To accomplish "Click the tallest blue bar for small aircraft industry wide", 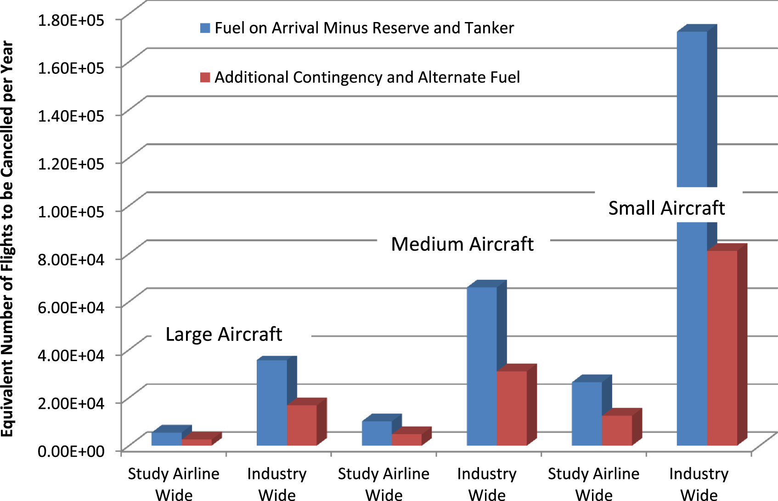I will (692, 110).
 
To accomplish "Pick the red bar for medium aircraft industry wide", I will (512, 408).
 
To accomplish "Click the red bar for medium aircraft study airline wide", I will (406, 440).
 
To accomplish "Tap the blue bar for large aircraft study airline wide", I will (166, 439).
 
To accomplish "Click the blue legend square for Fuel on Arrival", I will (205, 28).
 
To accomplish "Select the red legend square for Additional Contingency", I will (205, 77).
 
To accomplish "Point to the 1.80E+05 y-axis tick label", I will (71, 20).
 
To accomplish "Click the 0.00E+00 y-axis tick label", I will (71, 451).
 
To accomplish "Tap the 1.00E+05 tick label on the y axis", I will (71, 212).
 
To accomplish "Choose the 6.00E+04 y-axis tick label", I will (71, 307).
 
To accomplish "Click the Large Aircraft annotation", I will (224, 334).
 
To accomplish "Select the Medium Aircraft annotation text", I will (462, 244).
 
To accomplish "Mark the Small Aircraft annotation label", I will (666, 208).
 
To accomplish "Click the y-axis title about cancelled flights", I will (7, 239).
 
